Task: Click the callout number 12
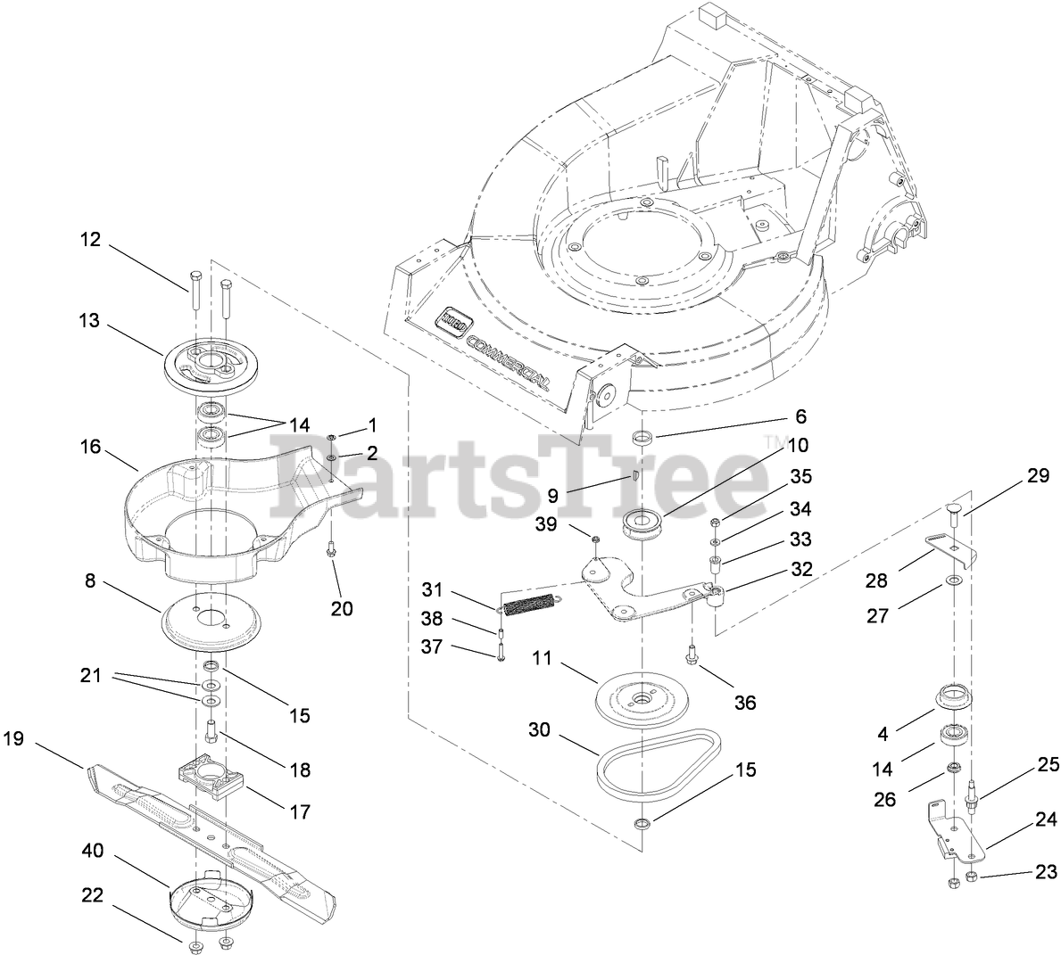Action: pos(90,240)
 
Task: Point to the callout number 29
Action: pos(1037,476)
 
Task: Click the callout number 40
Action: pos(92,851)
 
